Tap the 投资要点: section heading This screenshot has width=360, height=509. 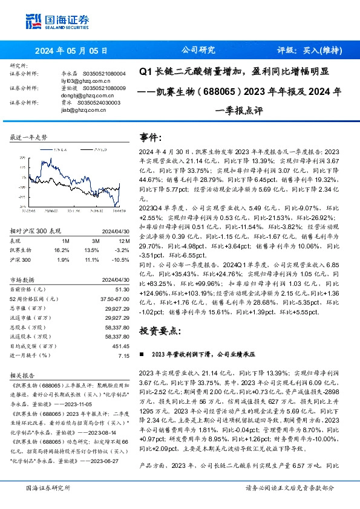tap(160, 330)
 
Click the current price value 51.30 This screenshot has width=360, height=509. tap(122, 290)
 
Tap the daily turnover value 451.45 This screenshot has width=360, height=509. tap(121, 346)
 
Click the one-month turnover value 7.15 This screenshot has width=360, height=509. tap(124, 355)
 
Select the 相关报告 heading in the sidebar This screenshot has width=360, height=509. tap(24, 375)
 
